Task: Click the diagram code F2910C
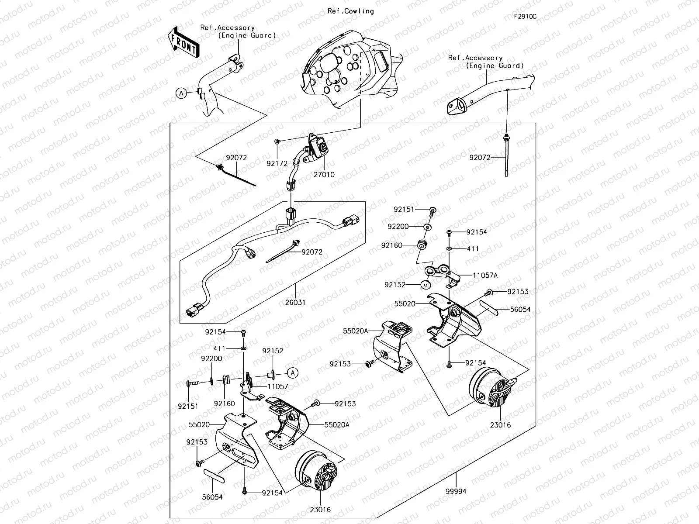[525, 17]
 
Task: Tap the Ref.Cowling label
[350, 11]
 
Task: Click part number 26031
[295, 302]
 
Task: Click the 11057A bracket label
[485, 276]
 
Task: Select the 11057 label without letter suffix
[277, 387]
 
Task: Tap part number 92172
[277, 164]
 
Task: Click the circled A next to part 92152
[293, 372]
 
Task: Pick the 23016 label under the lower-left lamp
[321, 510]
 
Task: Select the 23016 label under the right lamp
[500, 425]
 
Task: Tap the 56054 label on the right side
[520, 309]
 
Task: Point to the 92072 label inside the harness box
[312, 252]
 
